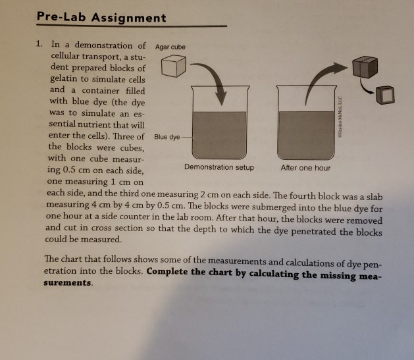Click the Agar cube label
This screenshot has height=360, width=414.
(170, 47)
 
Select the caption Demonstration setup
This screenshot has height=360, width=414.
(219, 168)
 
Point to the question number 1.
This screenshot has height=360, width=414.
(39, 45)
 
